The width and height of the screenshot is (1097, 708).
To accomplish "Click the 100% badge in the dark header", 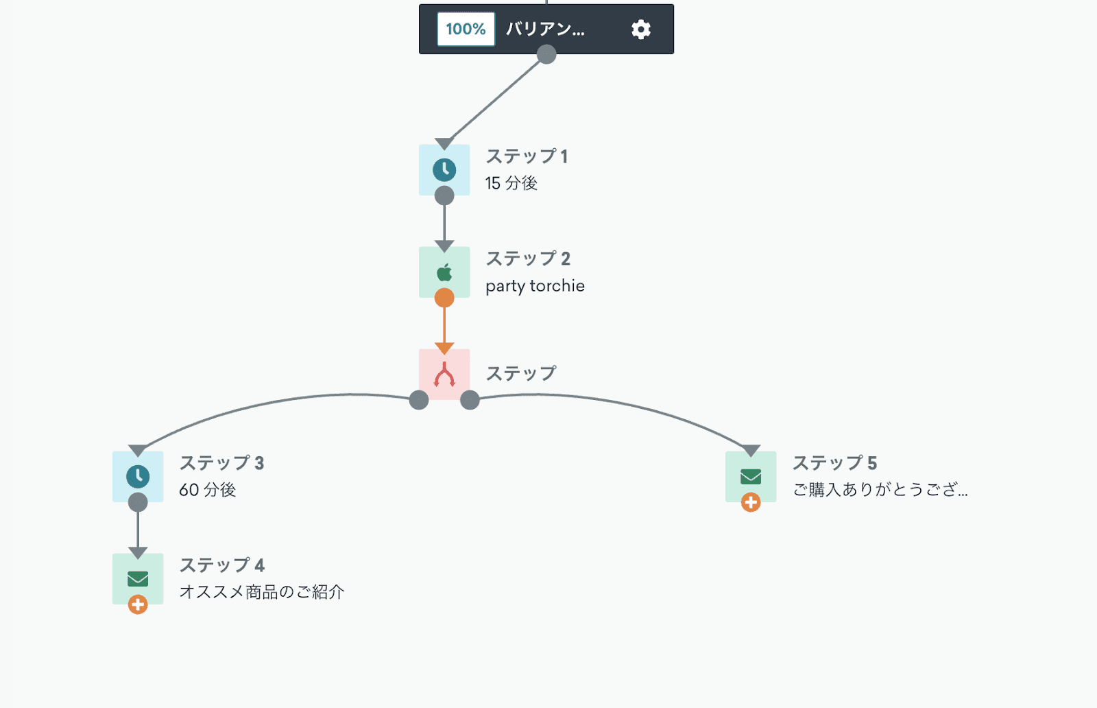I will (x=466, y=29).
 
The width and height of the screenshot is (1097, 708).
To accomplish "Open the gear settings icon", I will (x=640, y=29).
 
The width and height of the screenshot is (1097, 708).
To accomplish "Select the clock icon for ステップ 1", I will (x=444, y=169).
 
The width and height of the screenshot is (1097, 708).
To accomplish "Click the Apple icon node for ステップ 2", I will (x=444, y=272).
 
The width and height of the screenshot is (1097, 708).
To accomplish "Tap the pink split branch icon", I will (x=444, y=375).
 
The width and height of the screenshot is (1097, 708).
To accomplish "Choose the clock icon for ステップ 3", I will (x=138, y=476).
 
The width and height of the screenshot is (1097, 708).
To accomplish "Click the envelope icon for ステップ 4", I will (x=138, y=578).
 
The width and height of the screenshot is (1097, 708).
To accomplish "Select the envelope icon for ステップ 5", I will (x=751, y=476).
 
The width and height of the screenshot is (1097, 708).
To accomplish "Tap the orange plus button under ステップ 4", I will (x=138, y=604).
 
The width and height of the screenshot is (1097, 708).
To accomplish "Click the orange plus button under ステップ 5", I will (x=751, y=502).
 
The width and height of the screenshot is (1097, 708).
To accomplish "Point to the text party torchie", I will (x=535, y=286).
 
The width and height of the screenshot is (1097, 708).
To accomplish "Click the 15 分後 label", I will (x=511, y=183).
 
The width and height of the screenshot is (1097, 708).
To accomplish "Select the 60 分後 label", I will (x=207, y=490).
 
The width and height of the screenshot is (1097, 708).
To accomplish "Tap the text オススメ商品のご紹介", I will (x=261, y=592).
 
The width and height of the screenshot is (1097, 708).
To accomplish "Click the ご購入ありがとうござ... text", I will (x=880, y=490).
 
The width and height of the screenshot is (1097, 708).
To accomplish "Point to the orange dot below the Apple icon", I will (x=444, y=298).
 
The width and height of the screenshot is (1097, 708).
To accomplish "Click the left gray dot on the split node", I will (x=419, y=400).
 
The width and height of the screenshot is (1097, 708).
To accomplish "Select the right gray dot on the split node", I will (x=470, y=400).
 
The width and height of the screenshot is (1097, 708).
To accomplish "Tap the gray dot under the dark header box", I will (x=546, y=54).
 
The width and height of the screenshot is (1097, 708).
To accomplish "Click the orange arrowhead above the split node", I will (x=444, y=349).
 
